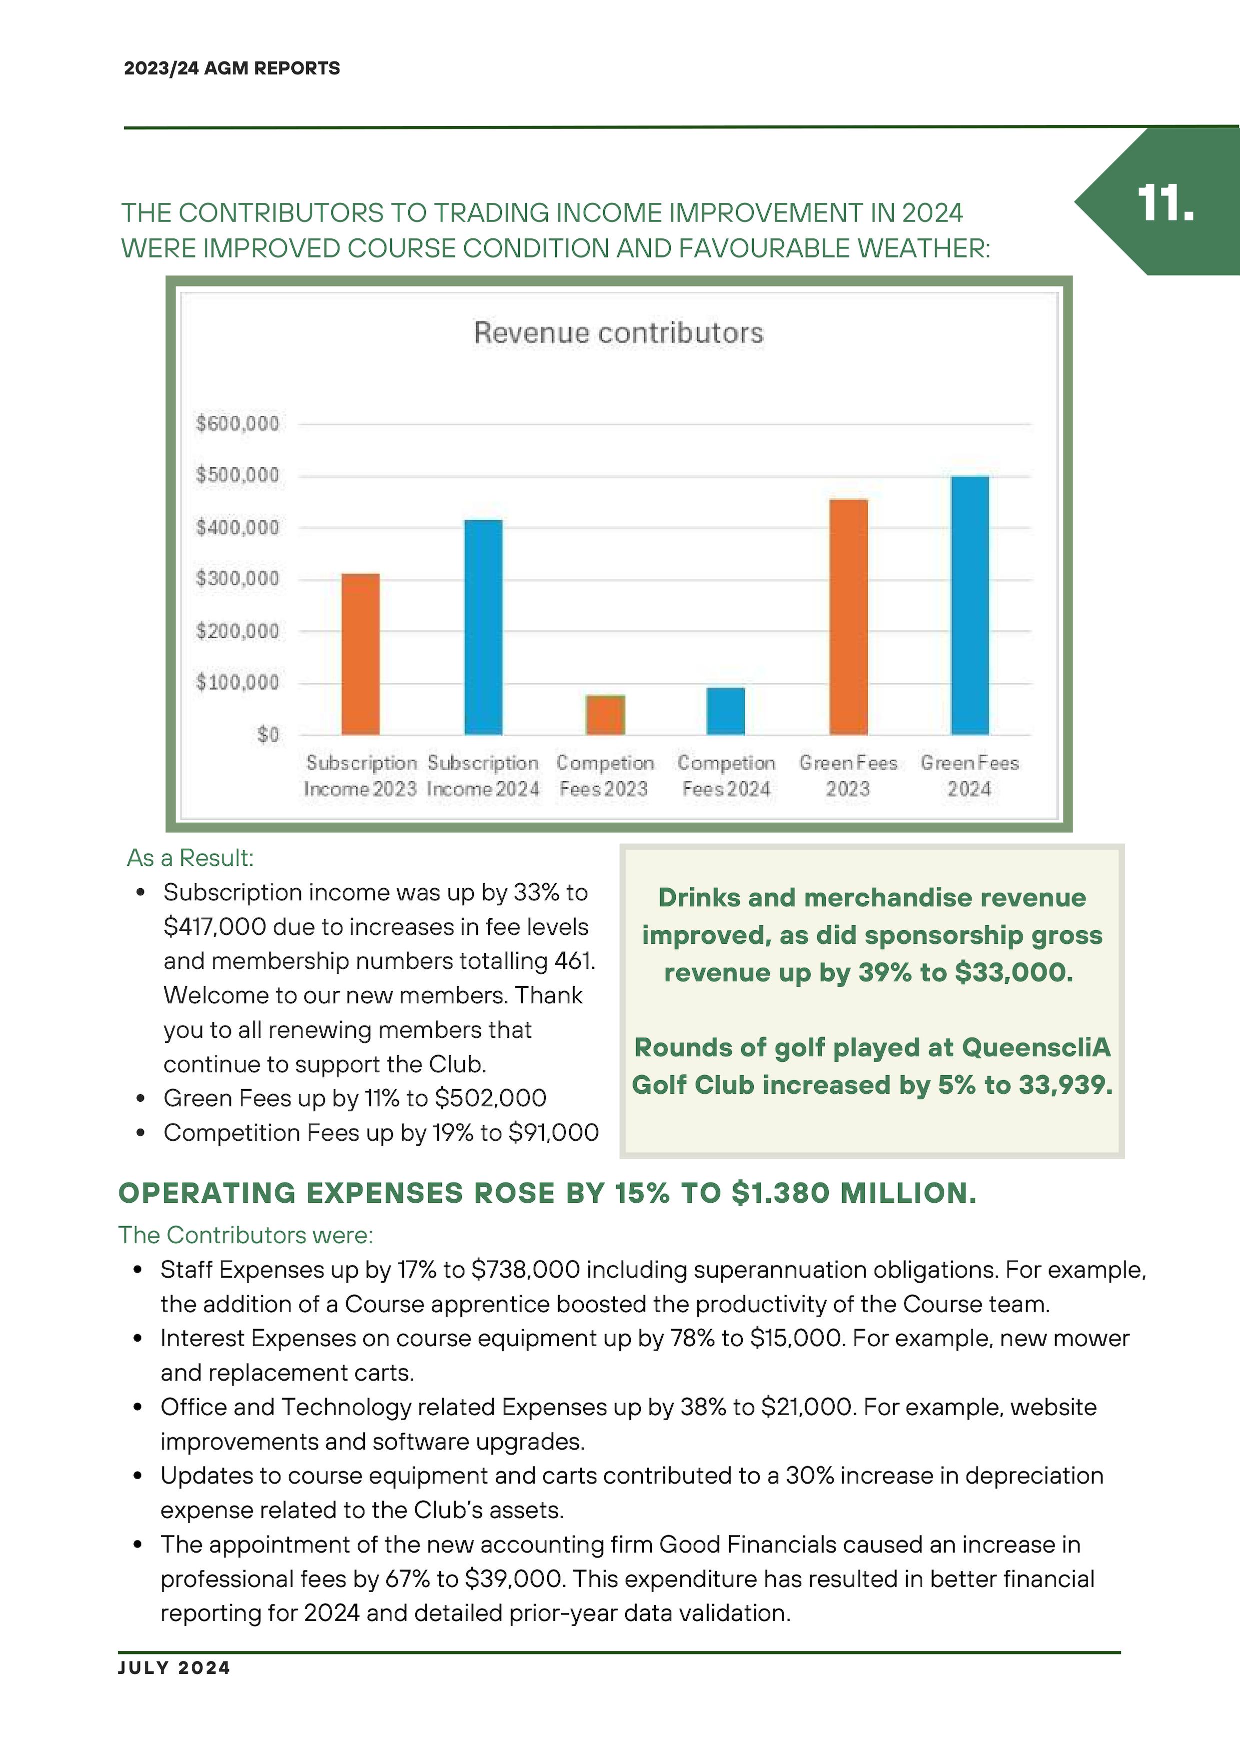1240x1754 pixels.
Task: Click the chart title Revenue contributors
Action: (x=618, y=333)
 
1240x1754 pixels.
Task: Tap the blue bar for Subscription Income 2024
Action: (x=483, y=627)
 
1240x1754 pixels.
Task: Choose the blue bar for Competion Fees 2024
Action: (x=725, y=711)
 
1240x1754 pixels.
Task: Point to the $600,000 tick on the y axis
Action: (x=237, y=423)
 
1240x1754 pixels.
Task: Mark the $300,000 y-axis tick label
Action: (x=237, y=579)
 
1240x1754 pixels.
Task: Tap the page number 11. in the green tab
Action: (x=1165, y=203)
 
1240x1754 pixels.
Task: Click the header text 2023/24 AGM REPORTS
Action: (x=231, y=68)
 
